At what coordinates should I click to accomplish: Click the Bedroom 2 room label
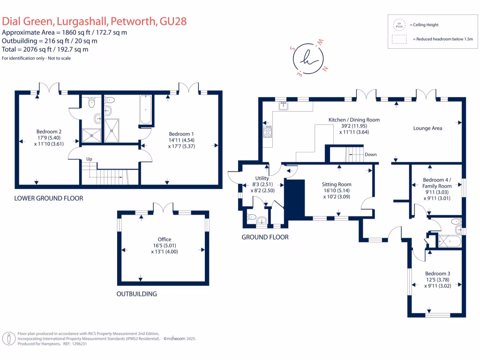click(x=49, y=132)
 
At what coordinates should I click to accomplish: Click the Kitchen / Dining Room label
click(x=354, y=120)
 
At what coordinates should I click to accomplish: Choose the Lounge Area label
click(x=427, y=128)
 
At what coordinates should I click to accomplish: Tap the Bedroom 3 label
click(x=437, y=274)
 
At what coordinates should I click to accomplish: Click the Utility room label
click(x=262, y=178)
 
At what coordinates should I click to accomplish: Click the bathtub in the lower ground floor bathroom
click(x=145, y=110)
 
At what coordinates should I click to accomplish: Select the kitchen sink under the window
click(x=283, y=105)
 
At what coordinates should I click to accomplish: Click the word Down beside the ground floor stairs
click(x=370, y=155)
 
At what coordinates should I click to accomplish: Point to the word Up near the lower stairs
click(x=89, y=159)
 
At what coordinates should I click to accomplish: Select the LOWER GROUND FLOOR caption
click(x=49, y=198)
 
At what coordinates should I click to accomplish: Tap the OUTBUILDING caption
click(x=136, y=294)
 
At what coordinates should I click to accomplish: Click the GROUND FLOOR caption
click(x=265, y=237)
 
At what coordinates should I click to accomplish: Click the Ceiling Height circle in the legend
click(x=399, y=24)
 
